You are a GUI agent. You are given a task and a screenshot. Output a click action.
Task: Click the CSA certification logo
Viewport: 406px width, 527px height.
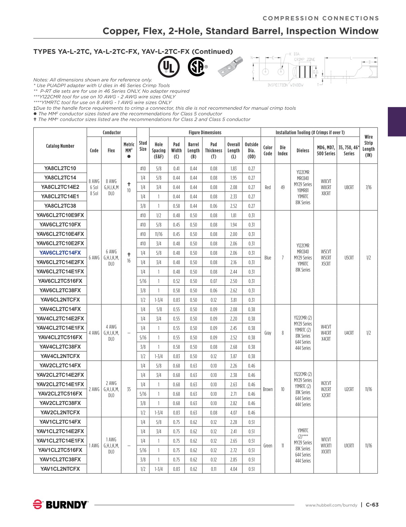coord(196,67)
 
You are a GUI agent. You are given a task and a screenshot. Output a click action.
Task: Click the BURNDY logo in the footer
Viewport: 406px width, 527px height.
coord(61,504)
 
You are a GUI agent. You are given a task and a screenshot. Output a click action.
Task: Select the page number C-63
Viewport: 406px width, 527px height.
coord(372,504)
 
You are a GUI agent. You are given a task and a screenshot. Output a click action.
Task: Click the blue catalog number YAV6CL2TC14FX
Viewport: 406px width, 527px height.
coord(60,253)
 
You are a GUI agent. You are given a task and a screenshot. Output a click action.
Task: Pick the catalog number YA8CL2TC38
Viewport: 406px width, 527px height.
coord(60,206)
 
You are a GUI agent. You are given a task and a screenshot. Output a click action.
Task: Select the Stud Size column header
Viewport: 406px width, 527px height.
coord(143,146)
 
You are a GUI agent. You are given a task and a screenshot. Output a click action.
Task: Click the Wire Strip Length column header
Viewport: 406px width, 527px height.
coord(369,146)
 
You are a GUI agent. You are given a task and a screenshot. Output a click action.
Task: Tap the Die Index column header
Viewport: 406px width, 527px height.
coord(282,150)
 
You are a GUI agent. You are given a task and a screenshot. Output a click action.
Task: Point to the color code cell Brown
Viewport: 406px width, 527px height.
coord(268,389)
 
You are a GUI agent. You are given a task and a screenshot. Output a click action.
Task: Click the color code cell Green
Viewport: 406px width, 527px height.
coord(268,446)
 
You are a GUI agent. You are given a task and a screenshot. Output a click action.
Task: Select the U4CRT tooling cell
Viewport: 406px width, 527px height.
coord(349,333)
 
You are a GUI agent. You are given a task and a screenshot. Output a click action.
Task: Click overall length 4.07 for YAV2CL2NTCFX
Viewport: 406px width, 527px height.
coord(233,413)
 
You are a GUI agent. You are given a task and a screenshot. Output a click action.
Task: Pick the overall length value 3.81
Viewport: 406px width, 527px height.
coord(233,300)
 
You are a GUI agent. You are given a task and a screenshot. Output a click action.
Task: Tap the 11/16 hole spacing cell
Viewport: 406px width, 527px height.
coord(158,234)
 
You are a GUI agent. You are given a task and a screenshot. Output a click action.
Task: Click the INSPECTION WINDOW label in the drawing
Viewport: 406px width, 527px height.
coord(285,85)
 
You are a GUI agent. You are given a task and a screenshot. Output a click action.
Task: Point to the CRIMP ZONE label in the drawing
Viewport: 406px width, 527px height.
coord(305,59)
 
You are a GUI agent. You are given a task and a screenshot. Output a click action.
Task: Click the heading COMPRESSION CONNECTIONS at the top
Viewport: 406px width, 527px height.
coord(320,19)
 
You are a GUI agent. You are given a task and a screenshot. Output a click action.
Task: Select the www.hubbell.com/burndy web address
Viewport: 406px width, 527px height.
coord(331,505)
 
